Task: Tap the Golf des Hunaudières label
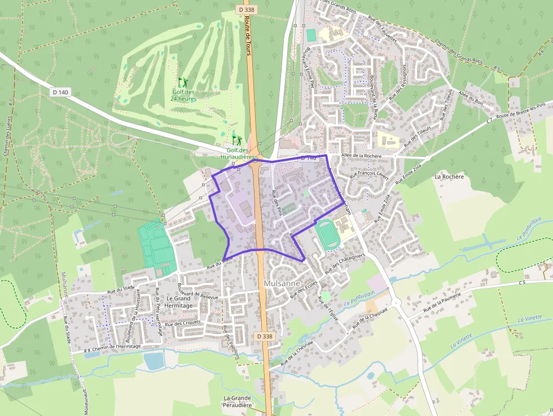coord(238,154)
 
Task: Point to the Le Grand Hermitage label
coord(179,301)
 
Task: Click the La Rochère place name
coord(449,177)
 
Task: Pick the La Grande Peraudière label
coord(237,401)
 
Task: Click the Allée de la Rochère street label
coord(362,156)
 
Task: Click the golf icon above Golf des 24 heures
coord(182,82)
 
